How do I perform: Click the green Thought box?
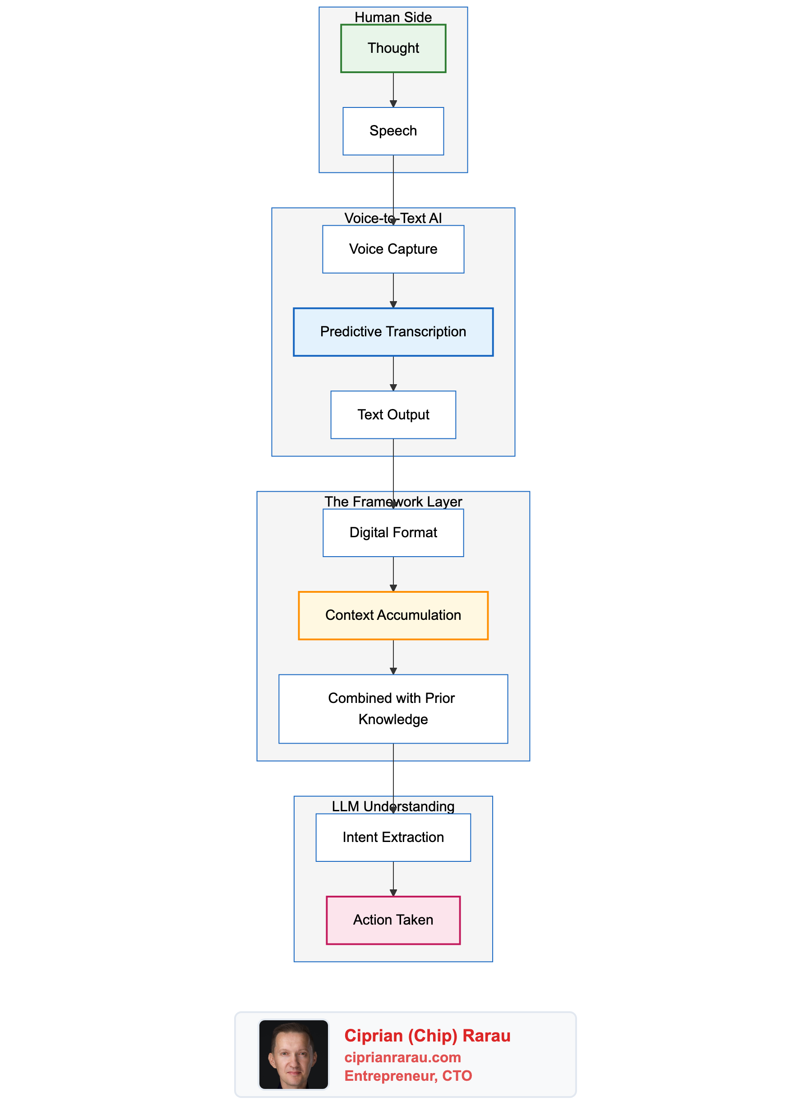[x=393, y=48]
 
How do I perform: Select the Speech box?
[x=393, y=131]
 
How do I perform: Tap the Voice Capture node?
[x=393, y=249]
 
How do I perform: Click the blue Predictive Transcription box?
[x=393, y=332]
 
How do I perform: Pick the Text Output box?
[x=393, y=414]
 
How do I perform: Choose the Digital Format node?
[x=393, y=532]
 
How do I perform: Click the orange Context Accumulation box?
[x=393, y=615]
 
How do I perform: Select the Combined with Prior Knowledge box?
[x=393, y=708]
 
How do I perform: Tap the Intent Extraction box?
[x=393, y=837]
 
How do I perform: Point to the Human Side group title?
[x=393, y=17]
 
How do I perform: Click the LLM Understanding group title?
[x=393, y=806]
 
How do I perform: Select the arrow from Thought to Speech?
[x=393, y=90]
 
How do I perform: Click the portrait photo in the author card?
[x=293, y=1054]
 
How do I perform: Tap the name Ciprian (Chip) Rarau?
[x=427, y=1035]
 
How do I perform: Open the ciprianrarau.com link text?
[x=402, y=1057]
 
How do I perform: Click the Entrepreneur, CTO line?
[x=408, y=1075]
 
